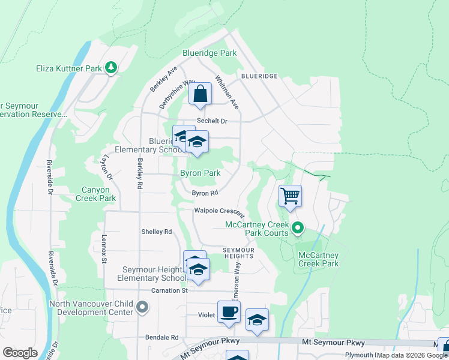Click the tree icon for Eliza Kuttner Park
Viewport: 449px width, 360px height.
[110, 68]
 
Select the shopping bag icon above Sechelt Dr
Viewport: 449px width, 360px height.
[200, 94]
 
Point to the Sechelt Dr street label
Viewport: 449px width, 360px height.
[213, 121]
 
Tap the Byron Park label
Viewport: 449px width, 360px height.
[200, 173]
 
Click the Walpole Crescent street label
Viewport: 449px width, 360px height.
[219, 211]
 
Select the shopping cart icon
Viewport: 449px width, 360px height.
[290, 196]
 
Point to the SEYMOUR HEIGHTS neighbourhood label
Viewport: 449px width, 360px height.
[239, 253]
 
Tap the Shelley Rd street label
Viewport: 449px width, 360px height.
[156, 232]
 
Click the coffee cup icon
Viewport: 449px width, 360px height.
[229, 313]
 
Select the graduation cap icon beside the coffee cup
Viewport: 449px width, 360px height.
[257, 320]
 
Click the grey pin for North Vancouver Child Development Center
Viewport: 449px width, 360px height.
[142, 308]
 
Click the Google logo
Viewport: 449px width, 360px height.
[20, 353]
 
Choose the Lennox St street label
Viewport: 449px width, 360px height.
[104, 248]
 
